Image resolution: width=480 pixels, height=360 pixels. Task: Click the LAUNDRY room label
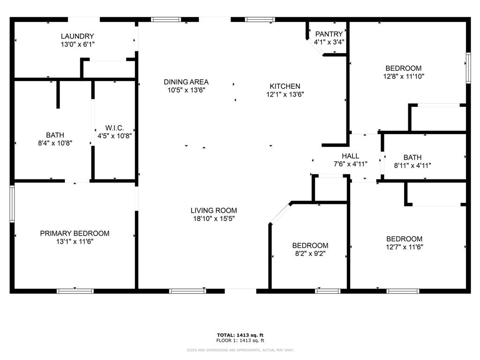77,36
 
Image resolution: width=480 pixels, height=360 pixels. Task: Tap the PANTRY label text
329,34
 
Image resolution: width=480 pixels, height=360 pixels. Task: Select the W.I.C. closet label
114,128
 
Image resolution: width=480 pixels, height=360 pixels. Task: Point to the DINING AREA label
186,82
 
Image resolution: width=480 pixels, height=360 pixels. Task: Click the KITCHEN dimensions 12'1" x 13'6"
285,94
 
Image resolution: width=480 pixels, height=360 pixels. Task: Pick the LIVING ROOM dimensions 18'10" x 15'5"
214,218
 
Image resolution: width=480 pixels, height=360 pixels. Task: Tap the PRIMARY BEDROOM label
75,233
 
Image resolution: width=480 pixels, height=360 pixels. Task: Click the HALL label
351,156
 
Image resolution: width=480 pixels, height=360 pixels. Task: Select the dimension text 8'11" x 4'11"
412,165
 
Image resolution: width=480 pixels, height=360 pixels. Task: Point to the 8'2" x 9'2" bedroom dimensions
310,254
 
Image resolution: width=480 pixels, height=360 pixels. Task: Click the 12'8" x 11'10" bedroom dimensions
404,76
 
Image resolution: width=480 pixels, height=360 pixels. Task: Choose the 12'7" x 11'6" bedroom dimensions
405,247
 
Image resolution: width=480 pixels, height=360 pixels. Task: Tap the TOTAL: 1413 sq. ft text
240,335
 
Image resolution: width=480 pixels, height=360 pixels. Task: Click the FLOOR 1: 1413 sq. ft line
240,340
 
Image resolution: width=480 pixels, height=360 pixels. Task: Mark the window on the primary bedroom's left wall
12,204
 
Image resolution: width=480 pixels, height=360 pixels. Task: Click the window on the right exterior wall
468,68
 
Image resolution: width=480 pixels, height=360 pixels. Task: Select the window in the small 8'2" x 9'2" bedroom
328,291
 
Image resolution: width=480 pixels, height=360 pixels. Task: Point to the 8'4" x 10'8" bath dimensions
55,143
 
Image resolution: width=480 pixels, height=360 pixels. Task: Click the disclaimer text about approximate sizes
240,350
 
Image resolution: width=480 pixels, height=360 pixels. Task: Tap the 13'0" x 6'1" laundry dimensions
77,45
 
